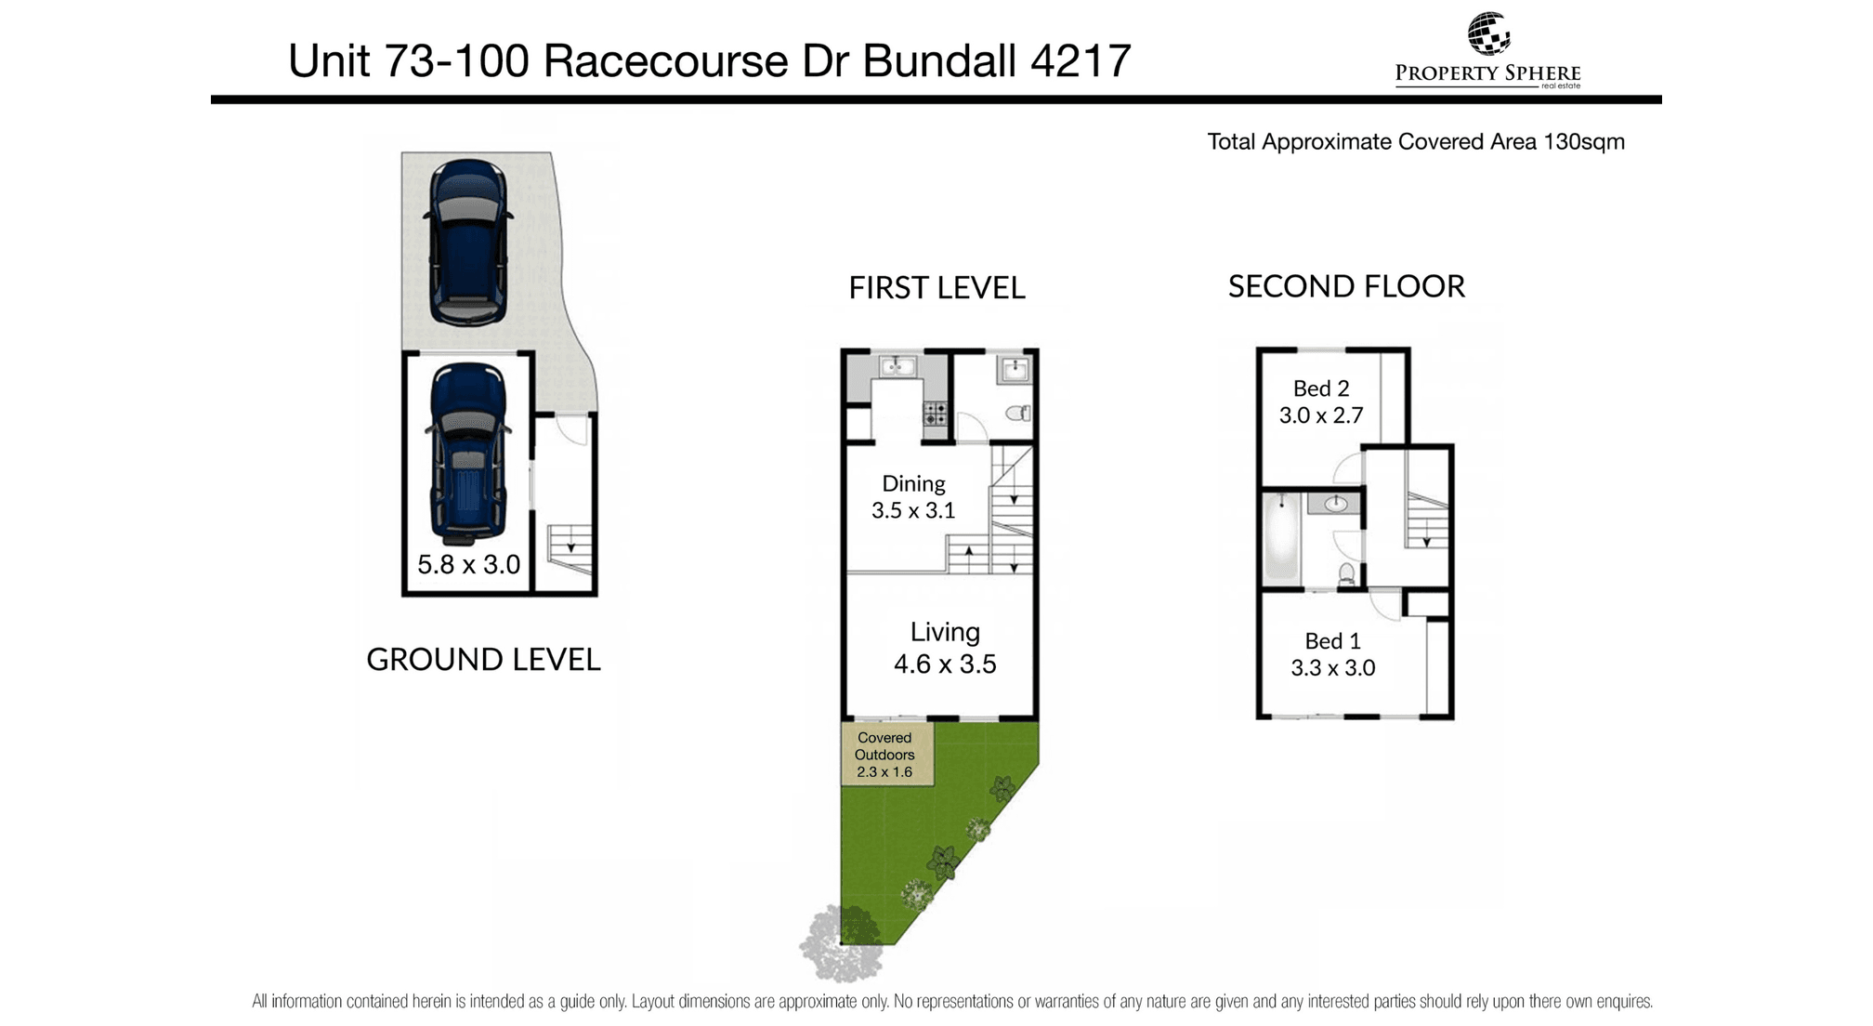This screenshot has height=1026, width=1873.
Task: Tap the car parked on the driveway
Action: [x=468, y=243]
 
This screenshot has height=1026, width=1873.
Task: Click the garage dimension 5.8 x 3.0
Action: [x=468, y=564]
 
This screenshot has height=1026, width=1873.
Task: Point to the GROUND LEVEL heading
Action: [x=483, y=660]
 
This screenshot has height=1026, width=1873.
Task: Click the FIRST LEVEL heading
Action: [x=936, y=288]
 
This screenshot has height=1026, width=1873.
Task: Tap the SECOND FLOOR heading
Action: [x=1346, y=286]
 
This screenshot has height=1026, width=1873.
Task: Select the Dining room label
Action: [x=913, y=483]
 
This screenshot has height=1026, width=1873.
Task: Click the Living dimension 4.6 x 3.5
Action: [x=945, y=664]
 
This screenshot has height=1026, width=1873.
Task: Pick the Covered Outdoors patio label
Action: [x=884, y=755]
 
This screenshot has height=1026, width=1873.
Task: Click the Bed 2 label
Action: [x=1321, y=388]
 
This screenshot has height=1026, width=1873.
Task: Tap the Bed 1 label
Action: [x=1332, y=641]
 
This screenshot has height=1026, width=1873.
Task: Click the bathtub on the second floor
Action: [x=1282, y=538]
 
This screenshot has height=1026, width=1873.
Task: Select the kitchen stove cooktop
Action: [x=935, y=414]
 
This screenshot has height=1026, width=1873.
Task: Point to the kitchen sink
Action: [x=897, y=366]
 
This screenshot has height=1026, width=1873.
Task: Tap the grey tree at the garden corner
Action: [x=842, y=944]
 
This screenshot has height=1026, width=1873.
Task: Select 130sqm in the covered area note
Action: [x=1584, y=142]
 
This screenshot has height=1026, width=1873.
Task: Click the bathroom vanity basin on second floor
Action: [x=1334, y=505]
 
